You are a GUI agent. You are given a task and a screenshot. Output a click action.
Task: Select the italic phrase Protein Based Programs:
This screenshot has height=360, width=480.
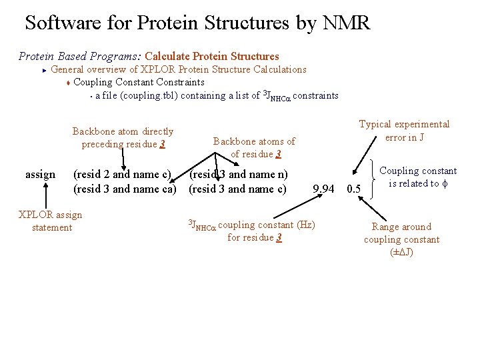point(79,56)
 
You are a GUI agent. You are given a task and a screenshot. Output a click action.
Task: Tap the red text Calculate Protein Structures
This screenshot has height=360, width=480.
point(212,56)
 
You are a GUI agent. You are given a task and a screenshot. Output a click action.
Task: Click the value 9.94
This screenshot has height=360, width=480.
point(323,189)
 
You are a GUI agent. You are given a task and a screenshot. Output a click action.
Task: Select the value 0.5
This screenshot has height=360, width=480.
point(355,189)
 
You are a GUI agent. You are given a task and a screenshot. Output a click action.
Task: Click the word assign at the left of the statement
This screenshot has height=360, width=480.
point(40,175)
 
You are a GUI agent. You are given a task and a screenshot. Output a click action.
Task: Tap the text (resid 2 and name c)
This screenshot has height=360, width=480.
point(122,175)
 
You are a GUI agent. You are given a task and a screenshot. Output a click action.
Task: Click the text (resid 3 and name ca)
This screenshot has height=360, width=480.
point(125,189)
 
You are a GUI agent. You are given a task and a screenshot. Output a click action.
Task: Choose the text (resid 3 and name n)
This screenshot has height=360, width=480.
point(239,175)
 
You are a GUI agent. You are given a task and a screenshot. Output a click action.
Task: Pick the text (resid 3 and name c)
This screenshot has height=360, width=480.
point(238,189)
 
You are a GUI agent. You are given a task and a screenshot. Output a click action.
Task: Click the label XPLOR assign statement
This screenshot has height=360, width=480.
point(51,221)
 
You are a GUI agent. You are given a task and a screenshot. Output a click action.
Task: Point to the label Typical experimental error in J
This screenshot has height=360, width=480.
point(404,131)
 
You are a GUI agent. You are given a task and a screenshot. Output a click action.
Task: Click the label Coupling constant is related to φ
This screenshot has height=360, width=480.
point(418,177)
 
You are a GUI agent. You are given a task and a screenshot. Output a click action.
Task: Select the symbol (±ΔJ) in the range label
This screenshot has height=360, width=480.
point(401,252)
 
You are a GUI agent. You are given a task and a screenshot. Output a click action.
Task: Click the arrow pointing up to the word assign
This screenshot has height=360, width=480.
point(45,197)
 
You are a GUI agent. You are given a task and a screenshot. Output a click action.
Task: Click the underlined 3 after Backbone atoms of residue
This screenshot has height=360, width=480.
point(278,154)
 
